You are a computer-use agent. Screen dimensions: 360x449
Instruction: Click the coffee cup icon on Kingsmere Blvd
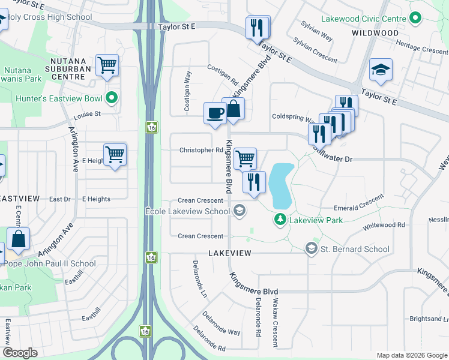tap(215, 113)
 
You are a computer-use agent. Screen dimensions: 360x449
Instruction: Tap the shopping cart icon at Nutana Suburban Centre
tap(107, 65)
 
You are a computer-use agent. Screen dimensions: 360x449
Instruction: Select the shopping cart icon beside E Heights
tap(115, 154)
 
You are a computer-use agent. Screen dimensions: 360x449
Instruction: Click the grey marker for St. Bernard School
tap(312, 248)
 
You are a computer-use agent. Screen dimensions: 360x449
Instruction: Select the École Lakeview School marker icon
tap(239, 211)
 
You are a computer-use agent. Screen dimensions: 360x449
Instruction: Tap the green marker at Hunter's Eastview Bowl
tap(112, 98)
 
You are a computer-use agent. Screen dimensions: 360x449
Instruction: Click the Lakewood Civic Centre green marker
tap(414, 19)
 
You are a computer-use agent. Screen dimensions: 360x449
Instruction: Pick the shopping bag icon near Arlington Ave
tap(19, 238)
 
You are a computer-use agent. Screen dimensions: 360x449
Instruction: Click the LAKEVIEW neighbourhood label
tap(229, 254)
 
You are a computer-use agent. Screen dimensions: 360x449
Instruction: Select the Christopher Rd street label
tap(201, 150)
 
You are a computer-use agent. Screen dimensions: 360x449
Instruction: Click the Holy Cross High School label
tap(50, 17)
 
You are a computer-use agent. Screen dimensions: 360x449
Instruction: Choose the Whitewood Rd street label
tap(384, 225)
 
